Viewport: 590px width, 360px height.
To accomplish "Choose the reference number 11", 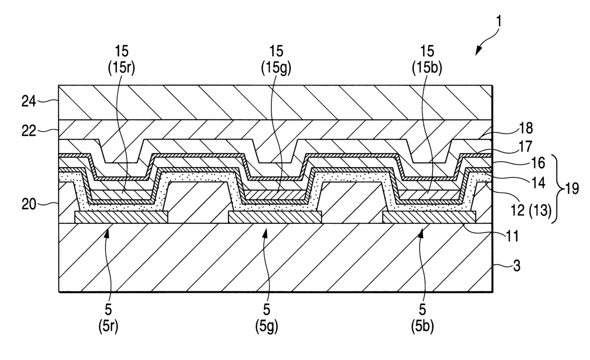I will (512, 234).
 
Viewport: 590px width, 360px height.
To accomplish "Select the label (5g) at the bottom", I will (266, 326).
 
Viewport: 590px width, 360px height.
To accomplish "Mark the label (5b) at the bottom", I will (422, 326).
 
